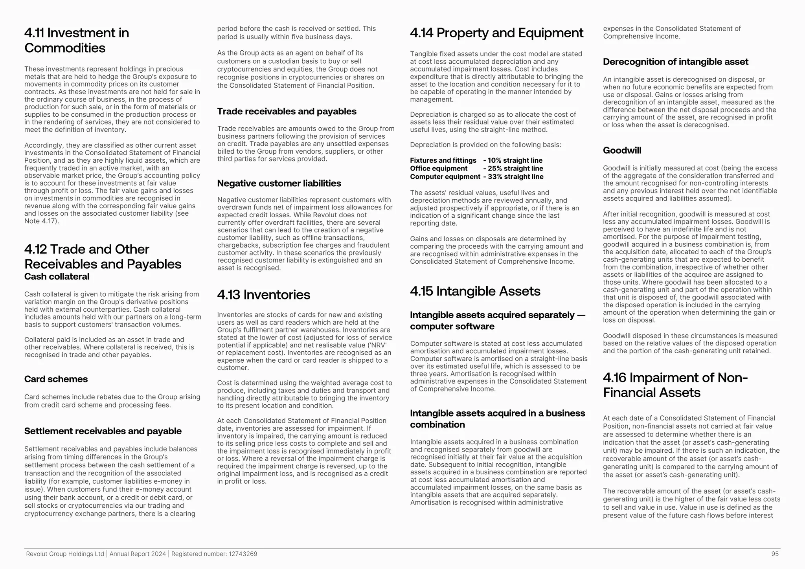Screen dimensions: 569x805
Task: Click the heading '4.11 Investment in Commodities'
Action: [x=77, y=40]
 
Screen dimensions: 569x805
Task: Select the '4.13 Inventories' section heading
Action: [x=264, y=295]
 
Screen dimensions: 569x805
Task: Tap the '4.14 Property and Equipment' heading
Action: [x=496, y=33]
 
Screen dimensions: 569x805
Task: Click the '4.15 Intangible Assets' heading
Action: [x=475, y=291]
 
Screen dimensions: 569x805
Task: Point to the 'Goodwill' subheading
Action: [x=622, y=151]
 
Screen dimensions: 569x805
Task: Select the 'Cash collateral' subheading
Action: [x=57, y=277]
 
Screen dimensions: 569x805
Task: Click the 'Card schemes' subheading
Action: [x=56, y=379]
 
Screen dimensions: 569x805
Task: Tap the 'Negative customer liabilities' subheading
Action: [x=279, y=184]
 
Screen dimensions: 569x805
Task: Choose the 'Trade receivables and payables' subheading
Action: [x=287, y=112]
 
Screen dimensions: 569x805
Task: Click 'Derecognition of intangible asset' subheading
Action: [x=675, y=62]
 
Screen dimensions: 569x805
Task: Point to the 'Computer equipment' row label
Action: [x=445, y=177]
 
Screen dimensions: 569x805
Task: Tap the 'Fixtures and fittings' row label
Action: [x=443, y=160]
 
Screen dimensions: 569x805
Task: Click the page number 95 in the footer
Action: [x=775, y=554]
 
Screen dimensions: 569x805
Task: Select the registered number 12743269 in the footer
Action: [x=243, y=554]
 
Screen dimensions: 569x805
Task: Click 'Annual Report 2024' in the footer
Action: [x=138, y=554]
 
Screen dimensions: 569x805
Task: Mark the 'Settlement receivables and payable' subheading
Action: [x=103, y=431]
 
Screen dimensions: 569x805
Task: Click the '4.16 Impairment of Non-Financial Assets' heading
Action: [x=675, y=385]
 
